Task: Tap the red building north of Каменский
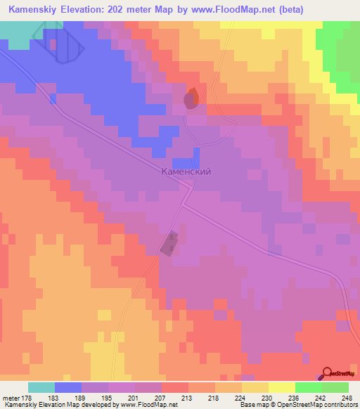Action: pyautogui.click(x=191, y=99)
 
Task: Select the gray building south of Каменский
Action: pyautogui.click(x=169, y=244)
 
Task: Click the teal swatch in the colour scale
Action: pyautogui.click(x=41, y=387)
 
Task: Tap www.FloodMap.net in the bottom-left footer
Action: pyautogui.click(x=148, y=405)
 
